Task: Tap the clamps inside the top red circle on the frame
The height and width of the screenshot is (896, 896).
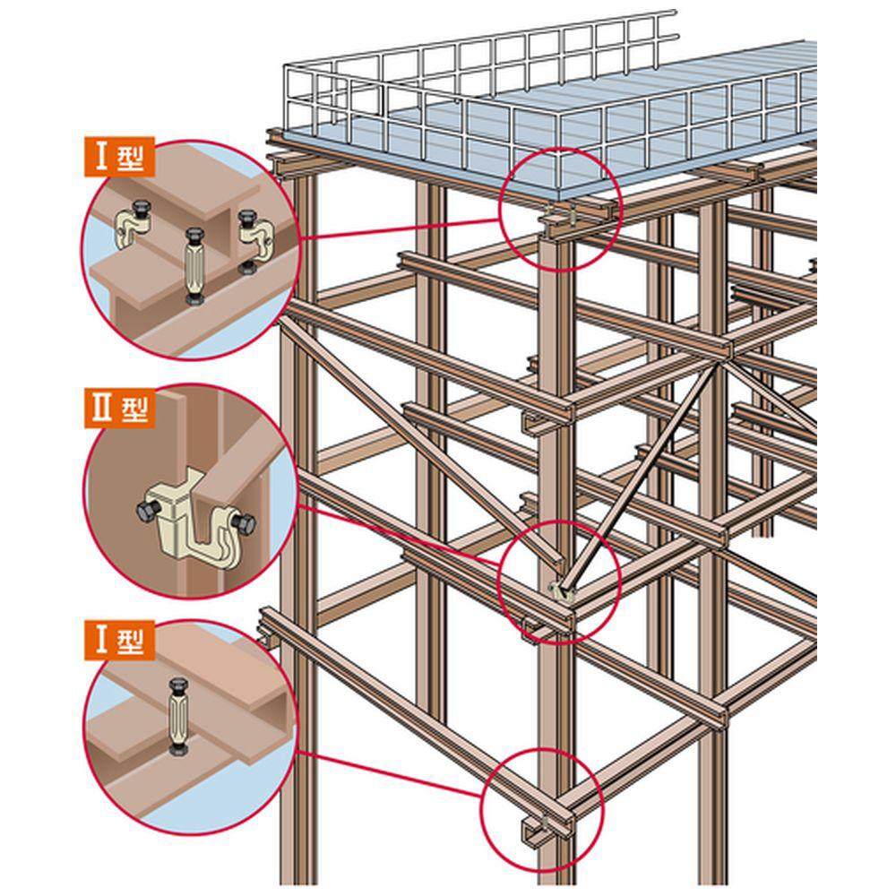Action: pos(564,214)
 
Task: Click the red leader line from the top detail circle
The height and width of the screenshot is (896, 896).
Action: pos(398,228)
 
